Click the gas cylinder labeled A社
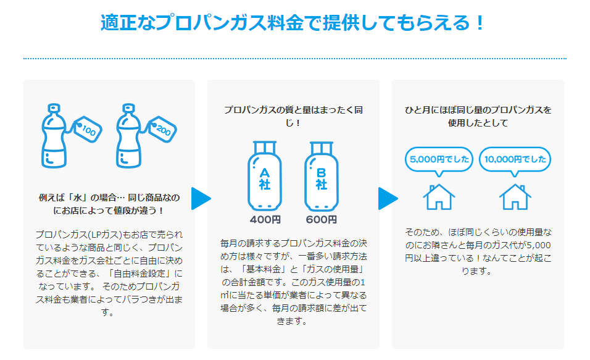pos(265,177)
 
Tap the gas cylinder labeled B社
pos(321,177)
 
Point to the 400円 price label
pos(265,219)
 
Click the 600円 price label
pos(321,219)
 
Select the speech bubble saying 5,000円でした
pos(439,159)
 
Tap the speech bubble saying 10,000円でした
pos(515,159)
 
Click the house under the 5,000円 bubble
pos(439,196)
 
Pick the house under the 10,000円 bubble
pos(515,196)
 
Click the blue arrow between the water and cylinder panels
pos(201,198)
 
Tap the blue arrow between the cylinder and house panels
pos(387,198)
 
